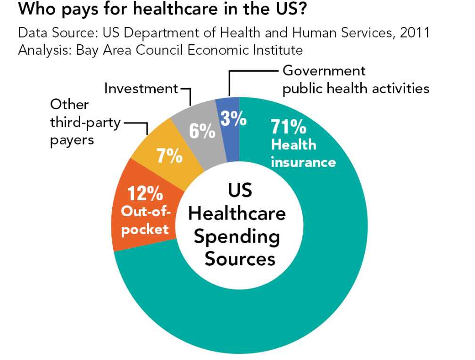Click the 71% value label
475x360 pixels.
[288, 127]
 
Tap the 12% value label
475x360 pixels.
[145, 194]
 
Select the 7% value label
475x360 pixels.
[169, 155]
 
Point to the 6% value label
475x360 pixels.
[202, 131]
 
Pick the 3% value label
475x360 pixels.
[233, 119]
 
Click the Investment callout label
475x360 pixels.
[141, 88]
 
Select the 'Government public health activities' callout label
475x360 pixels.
[356, 79]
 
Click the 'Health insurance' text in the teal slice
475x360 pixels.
[302, 153]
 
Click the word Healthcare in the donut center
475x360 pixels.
[237, 213]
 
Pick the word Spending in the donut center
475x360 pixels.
[237, 237]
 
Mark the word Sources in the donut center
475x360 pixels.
[240, 259]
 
